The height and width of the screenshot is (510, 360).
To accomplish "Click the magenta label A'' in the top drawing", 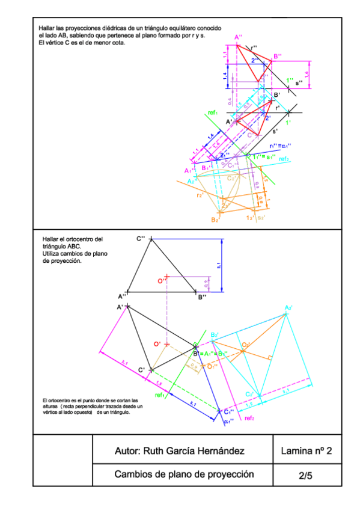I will point(239,37).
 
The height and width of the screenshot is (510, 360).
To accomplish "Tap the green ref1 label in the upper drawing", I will point(212,112).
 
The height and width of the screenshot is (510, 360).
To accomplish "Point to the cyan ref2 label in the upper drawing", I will point(284,159).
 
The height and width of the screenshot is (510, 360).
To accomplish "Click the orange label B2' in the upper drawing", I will point(215,220).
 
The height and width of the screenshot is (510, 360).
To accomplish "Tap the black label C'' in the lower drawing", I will point(141,239).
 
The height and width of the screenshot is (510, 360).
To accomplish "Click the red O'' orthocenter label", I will point(161,280).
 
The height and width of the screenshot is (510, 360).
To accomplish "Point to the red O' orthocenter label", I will point(157,344).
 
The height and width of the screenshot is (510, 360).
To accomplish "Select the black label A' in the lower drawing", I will point(120,307).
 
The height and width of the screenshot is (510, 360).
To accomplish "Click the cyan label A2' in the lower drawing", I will point(288,308).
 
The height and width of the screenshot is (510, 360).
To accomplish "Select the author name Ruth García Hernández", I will point(179,451).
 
